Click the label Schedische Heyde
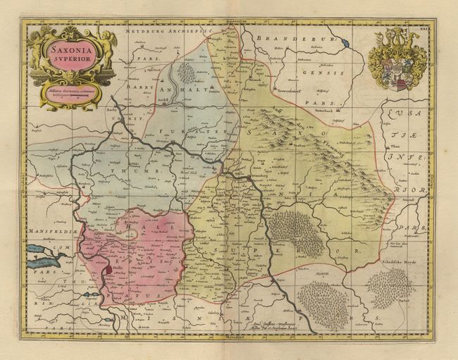[x=395, y=261]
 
